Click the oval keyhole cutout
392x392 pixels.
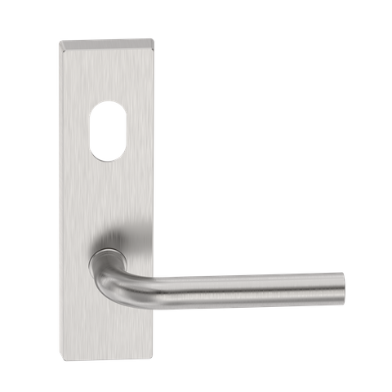coord(105,131)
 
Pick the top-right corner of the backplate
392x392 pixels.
coord(151,38)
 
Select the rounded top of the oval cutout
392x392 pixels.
coord(105,105)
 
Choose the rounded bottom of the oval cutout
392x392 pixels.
coord(105,158)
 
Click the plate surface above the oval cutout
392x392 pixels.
coord(105,73)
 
